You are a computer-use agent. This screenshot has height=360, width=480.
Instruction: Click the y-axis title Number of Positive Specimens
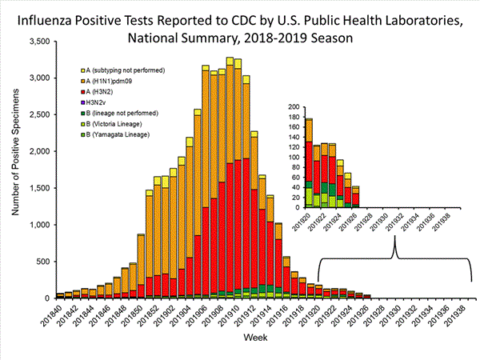pos(15,168)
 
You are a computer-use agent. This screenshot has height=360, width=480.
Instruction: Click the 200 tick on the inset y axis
pos(294,107)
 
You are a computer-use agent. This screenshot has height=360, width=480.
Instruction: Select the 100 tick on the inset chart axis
pos(294,157)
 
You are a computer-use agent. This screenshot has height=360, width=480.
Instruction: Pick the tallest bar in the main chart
pos(230,178)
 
